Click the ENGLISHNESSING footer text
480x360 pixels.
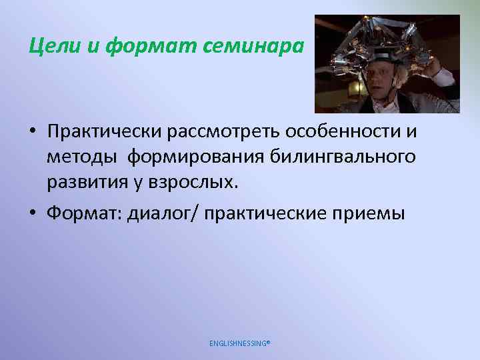coord(240,343)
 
